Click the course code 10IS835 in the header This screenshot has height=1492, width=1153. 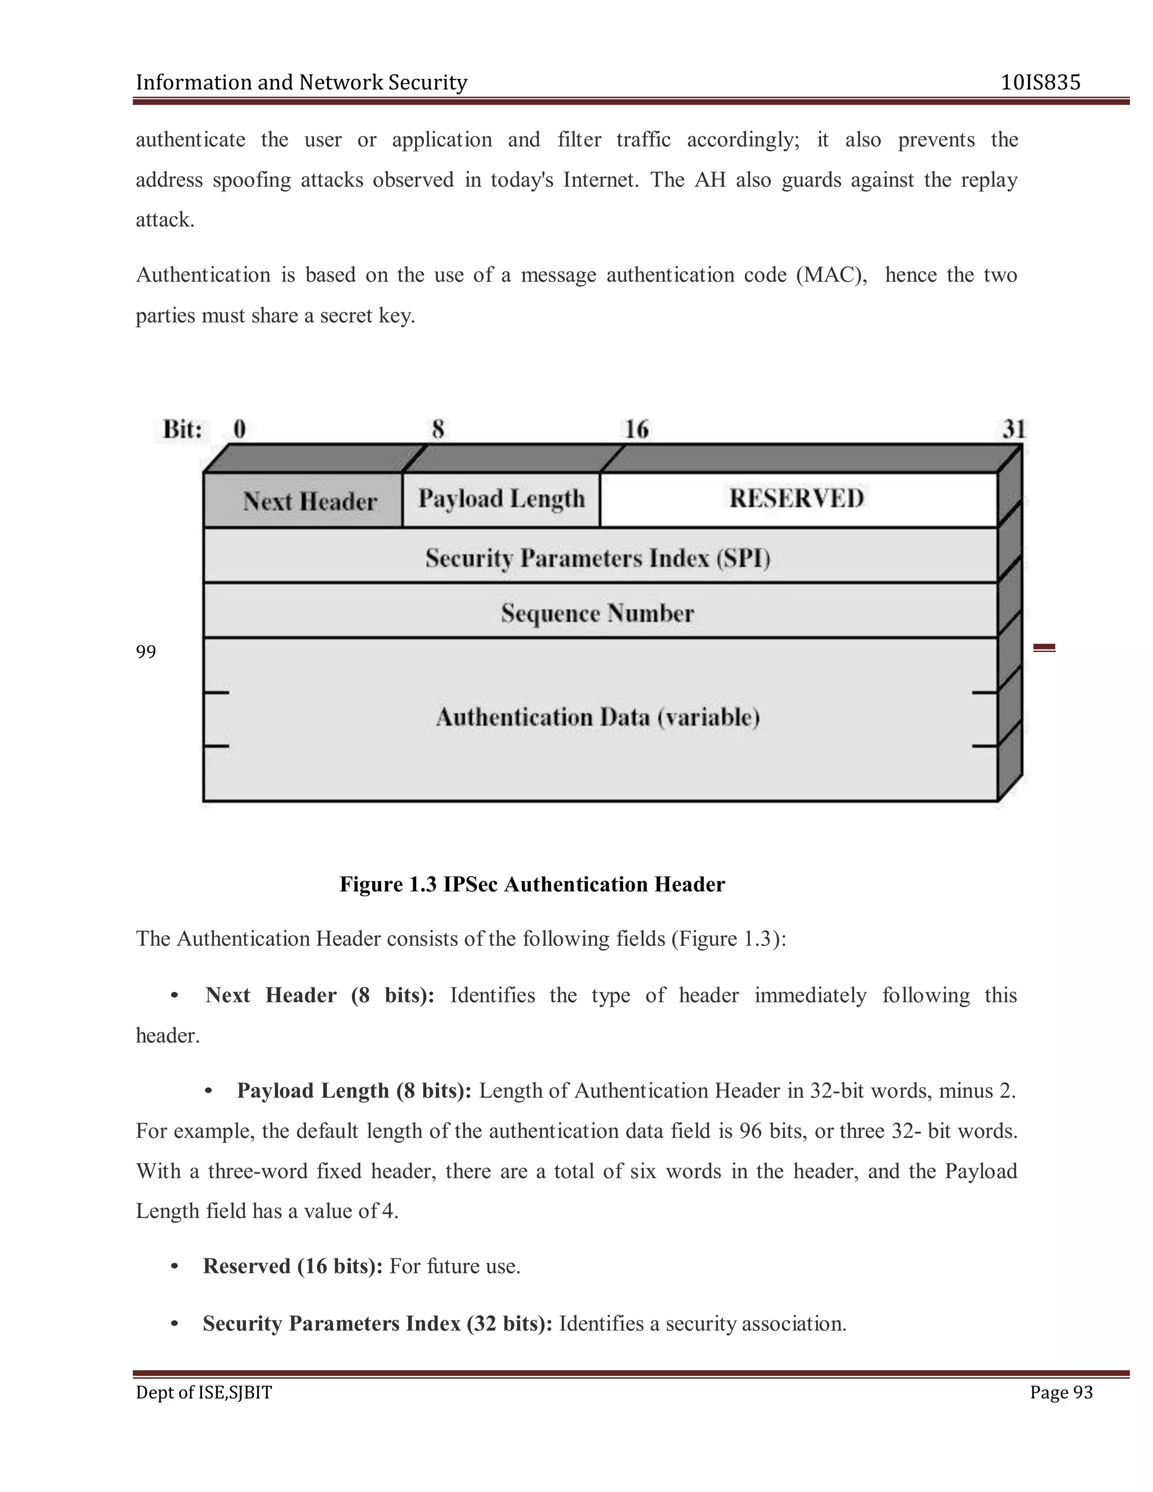coord(1040,83)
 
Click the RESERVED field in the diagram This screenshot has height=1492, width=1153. coord(797,498)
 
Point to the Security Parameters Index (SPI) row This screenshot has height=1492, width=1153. coord(598,558)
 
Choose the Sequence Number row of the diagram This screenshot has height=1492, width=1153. coord(598,613)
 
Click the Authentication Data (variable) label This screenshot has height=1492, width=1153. coord(598,717)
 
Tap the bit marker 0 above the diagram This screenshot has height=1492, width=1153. coord(240,429)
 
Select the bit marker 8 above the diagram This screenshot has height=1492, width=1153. coord(438,429)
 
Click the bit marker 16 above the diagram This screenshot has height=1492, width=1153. coord(637,429)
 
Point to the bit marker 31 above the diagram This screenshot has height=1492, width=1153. coord(1013,429)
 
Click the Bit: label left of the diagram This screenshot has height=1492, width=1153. coord(182,429)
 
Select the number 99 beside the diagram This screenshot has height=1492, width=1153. coord(145,652)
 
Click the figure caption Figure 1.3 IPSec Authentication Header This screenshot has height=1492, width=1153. coord(532,884)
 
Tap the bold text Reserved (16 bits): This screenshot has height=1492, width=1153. coord(292,1266)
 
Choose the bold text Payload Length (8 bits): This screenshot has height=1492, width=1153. coord(354,1091)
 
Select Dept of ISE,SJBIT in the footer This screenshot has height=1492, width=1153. coord(204,1392)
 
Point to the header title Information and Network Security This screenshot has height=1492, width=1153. coord(301,83)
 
